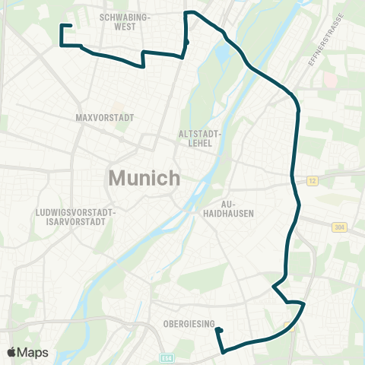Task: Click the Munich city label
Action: (144, 178)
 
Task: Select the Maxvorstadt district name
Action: (105, 118)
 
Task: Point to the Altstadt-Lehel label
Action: (199, 136)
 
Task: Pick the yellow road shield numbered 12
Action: (312, 180)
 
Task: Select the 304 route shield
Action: (338, 227)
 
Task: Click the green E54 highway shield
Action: (167, 356)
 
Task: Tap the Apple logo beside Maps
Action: (12, 352)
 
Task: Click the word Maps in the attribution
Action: (33, 352)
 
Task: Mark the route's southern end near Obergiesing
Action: (217, 330)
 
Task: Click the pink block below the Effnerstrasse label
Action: (329, 79)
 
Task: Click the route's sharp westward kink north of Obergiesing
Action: (274, 287)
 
